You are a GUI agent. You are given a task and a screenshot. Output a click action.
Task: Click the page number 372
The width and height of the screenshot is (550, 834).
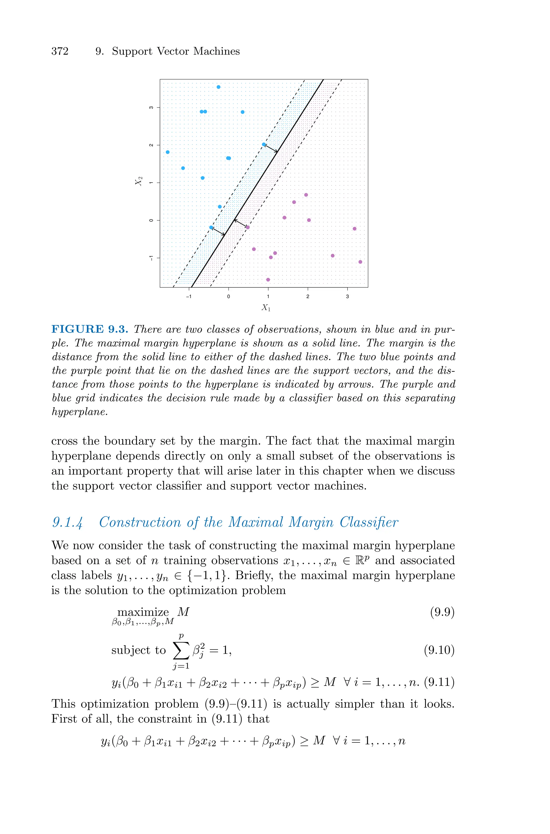pyautogui.click(x=60, y=52)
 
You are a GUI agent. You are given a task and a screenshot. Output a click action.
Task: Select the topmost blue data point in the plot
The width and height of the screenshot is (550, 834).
pyautogui.click(x=219, y=87)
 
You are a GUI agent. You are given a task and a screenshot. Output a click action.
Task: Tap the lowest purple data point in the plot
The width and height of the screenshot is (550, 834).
pyautogui.click(x=268, y=280)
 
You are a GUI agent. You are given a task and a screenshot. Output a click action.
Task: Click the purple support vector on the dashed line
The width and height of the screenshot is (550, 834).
pyautogui.click(x=248, y=227)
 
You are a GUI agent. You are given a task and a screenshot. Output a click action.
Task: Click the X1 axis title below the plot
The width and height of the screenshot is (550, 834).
pyautogui.click(x=266, y=308)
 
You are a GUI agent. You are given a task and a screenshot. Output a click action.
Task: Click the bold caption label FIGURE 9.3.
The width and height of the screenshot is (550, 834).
pyautogui.click(x=90, y=329)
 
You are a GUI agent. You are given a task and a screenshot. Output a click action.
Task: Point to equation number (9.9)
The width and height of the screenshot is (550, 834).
pyautogui.click(x=442, y=612)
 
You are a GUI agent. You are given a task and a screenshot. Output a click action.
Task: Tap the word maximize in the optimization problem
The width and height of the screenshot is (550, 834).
pyautogui.click(x=143, y=612)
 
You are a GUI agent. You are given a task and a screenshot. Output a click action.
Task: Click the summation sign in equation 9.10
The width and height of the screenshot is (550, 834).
pyautogui.click(x=181, y=651)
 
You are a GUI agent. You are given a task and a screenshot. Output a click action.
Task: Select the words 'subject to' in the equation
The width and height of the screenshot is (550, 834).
pyautogui.click(x=138, y=650)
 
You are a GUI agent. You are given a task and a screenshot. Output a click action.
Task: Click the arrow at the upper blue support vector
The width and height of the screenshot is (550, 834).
pyautogui.click(x=270, y=148)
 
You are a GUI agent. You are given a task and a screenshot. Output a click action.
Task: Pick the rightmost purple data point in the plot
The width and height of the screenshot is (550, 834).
pyautogui.click(x=360, y=262)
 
